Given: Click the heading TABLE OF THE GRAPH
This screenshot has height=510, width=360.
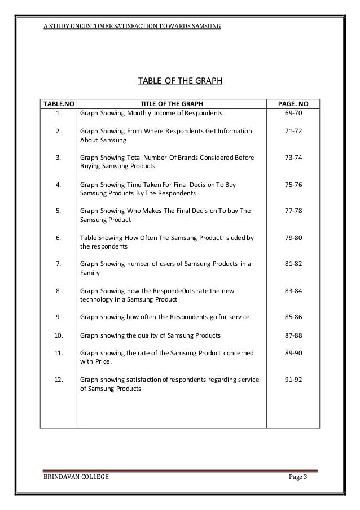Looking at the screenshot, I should (180, 81).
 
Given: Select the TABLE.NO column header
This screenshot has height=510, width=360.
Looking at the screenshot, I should (58, 104).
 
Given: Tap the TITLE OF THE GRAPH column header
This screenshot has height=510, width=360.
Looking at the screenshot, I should (171, 104).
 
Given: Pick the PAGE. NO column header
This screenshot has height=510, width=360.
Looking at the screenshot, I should (294, 104).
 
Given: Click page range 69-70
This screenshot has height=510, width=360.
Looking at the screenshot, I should (294, 114).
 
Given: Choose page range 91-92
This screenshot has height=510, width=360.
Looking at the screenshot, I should (294, 380).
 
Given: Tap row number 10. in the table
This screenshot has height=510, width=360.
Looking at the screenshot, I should (58, 335).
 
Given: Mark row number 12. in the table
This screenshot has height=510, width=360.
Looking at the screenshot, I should (58, 380).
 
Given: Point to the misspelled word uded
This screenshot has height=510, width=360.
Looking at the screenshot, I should (239, 237).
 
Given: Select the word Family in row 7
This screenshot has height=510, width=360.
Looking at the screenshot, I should (90, 273).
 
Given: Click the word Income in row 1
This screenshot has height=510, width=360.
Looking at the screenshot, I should (160, 114).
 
